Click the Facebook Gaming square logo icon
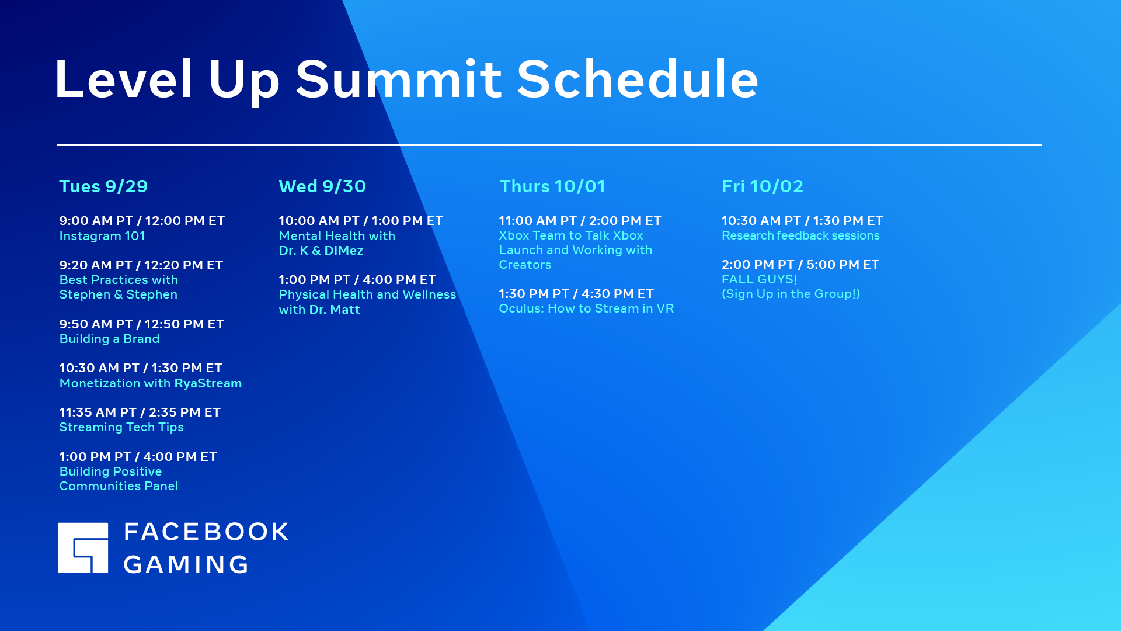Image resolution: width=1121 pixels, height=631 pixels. pos(83,547)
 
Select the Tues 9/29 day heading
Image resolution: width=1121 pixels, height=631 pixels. pos(103,186)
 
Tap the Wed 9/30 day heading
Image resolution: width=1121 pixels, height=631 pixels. pos(322,186)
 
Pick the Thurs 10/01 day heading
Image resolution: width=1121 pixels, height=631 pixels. pos(552,186)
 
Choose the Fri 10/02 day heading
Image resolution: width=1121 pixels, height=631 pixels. pos(763,186)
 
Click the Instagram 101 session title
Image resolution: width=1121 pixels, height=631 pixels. pos(102,236)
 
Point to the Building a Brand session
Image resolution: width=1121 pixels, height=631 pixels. pos(109,339)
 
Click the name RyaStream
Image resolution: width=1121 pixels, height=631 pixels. pos(208,383)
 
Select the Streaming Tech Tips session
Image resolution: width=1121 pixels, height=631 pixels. pos(121,427)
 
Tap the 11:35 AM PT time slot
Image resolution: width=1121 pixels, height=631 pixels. pos(98,412)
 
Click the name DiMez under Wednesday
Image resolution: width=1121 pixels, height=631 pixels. pos(344,251)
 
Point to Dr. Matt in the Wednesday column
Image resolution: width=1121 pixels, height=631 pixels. pos(335,310)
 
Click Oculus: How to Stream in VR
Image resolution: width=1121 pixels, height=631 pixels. pos(586,308)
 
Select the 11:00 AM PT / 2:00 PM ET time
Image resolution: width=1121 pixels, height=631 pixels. pos(580,221)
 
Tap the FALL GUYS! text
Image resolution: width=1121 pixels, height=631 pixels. pos(759,279)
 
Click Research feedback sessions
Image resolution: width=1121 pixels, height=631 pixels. pos(800,235)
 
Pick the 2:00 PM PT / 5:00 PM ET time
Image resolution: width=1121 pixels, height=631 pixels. pos(800,265)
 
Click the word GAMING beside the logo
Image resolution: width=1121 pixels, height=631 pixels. pos(186,564)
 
